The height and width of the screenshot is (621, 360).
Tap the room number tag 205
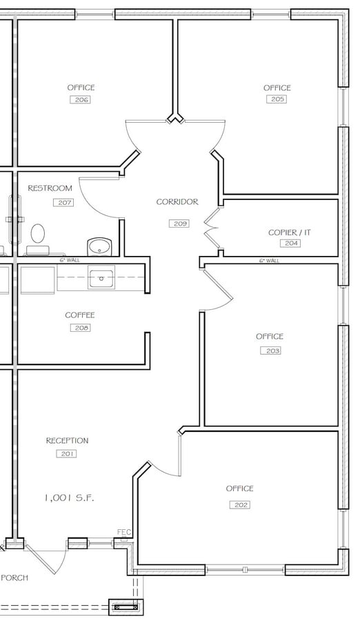coord(277,99)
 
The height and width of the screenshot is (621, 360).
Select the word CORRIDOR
coord(177,202)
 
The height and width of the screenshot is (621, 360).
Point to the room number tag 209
coord(179,224)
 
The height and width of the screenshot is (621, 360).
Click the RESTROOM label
coord(50,188)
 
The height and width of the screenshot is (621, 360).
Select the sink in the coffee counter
coord(101,278)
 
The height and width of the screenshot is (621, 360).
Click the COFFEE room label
coord(80,315)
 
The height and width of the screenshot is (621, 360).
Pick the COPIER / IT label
coord(290,233)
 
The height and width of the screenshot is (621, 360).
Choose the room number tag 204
coord(290,244)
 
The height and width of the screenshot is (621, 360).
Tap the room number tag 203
coord(270,351)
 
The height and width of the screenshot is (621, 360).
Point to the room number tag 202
coord(240,505)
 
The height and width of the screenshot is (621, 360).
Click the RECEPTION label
coord(67,441)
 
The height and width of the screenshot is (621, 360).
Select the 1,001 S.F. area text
coord(69,497)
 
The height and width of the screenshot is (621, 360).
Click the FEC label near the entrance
coord(124,532)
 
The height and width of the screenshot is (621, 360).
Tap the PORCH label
coord(14,578)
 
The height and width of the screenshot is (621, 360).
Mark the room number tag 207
coord(63,203)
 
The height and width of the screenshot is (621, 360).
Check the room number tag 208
coord(80,328)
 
